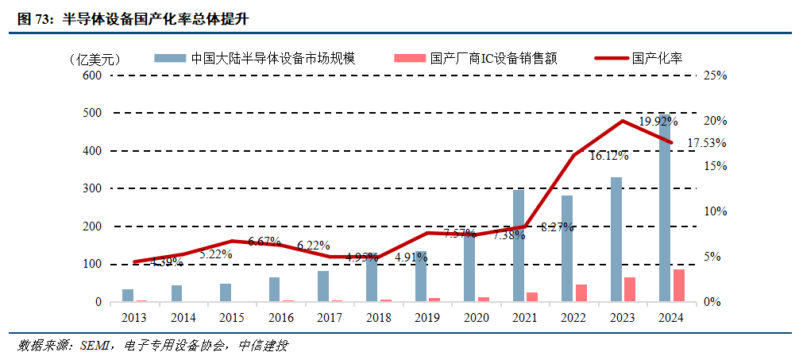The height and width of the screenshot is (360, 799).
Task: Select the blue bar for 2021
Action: tap(518, 246)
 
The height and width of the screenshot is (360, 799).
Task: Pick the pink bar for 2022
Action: tap(581, 293)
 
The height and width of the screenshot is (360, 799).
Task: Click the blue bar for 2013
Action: tap(128, 296)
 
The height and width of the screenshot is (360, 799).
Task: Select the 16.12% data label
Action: tap(608, 157)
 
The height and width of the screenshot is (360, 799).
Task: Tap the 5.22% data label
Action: tap(215, 254)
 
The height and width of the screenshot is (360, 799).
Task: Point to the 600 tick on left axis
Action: tap(92, 75)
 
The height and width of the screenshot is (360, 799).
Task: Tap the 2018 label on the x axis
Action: tap(378, 317)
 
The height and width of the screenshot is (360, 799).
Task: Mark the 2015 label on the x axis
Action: tap(232, 317)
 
